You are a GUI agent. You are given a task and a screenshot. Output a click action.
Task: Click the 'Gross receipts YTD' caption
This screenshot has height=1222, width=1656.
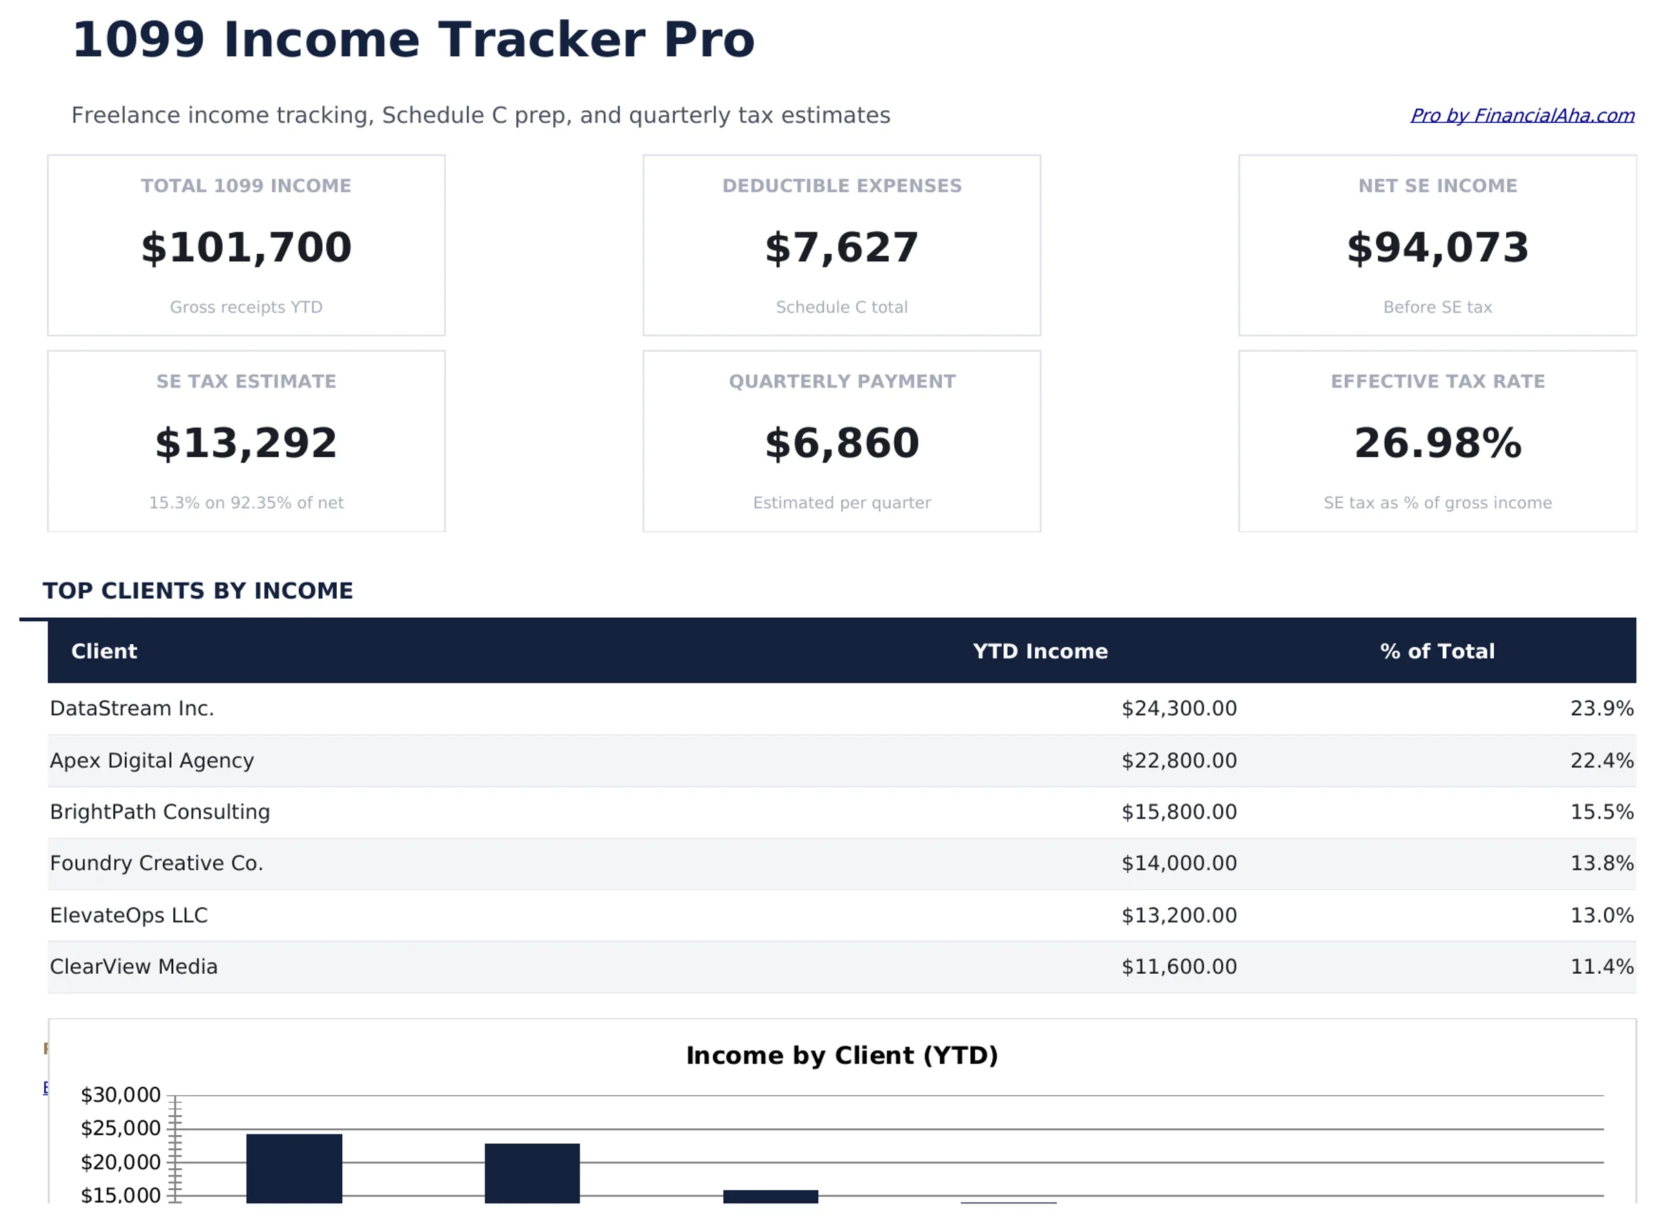pos(247,308)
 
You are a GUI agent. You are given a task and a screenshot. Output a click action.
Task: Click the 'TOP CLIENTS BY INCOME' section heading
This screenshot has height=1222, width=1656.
pos(198,592)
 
